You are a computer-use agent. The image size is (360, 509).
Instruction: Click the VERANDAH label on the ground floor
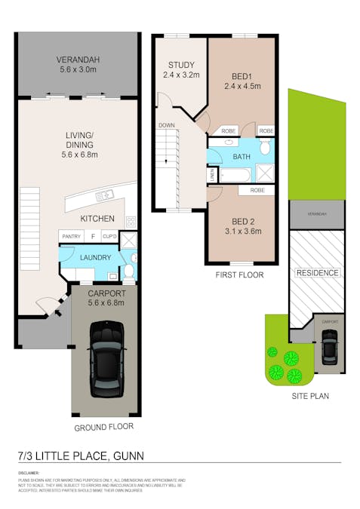coord(78,61)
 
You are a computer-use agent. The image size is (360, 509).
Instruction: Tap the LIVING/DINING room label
coord(78,141)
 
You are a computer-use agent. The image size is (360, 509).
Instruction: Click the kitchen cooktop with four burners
coord(130,222)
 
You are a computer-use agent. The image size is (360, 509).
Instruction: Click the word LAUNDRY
coord(91,257)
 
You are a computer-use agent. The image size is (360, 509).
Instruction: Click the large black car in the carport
coord(106,358)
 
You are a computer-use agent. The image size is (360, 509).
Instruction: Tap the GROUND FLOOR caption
coord(103,426)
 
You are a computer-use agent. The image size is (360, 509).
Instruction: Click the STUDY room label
coord(181,64)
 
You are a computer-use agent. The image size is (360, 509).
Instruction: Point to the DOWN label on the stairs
coord(167,125)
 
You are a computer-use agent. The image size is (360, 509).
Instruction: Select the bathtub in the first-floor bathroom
coord(235,175)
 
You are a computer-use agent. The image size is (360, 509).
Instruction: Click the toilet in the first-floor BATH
coord(265,149)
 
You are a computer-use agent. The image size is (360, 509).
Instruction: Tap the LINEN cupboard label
coord(213,174)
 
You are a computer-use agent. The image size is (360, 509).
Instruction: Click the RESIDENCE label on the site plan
coord(317,272)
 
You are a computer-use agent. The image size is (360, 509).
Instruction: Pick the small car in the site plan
coord(329,348)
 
